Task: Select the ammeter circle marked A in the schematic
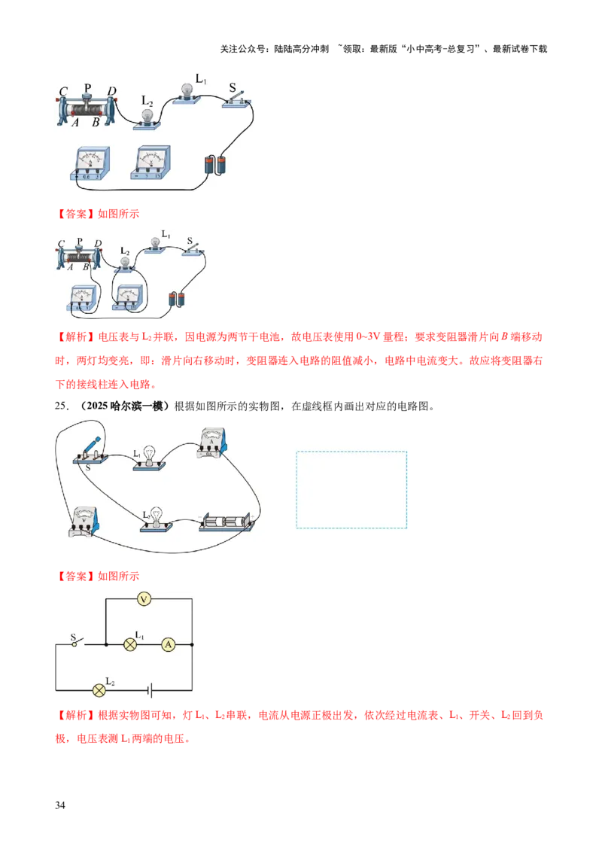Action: (169, 645)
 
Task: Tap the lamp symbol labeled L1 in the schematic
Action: (130, 645)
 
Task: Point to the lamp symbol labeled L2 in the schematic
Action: (98, 690)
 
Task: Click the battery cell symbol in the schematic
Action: (151, 690)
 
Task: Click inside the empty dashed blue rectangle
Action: (351, 489)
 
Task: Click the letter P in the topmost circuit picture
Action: (87, 88)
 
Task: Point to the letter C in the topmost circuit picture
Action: (64, 92)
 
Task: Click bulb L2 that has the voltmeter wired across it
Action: (126, 261)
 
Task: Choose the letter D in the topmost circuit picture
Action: (111, 92)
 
